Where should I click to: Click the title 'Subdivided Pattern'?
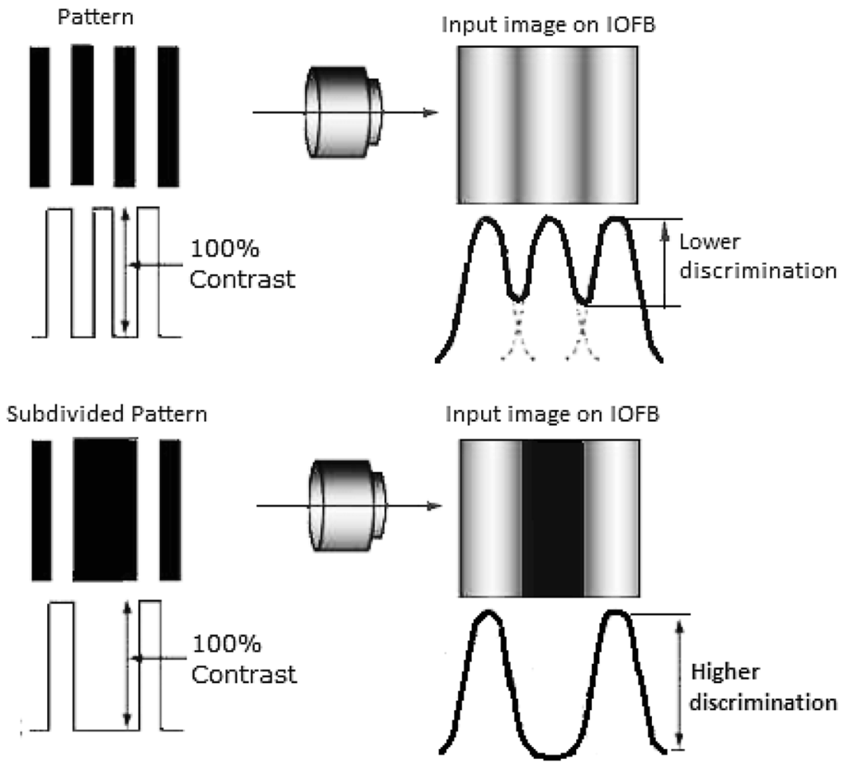coord(106,414)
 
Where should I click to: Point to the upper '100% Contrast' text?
coord(242,264)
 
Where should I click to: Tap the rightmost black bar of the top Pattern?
coord(168,116)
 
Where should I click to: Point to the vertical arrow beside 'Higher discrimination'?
coord(678,682)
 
